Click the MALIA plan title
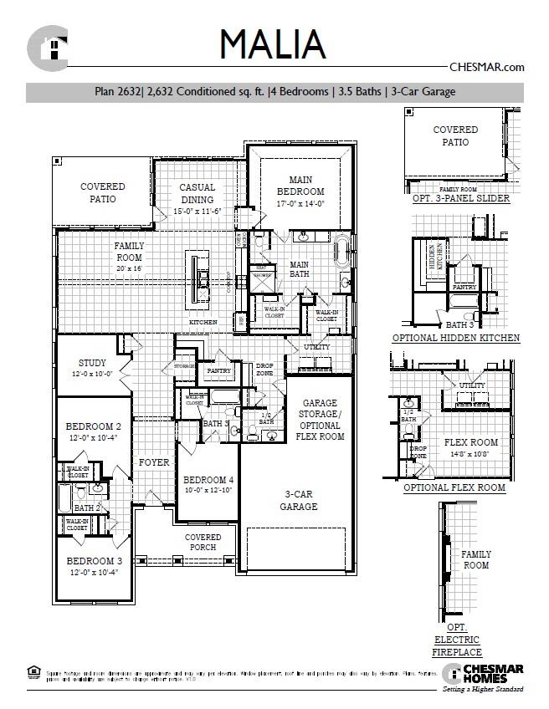[x=273, y=44]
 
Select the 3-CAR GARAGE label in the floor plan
[x=299, y=500]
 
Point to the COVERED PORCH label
[x=203, y=543]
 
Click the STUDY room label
[x=93, y=368]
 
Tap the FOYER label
[x=155, y=462]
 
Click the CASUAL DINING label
[x=198, y=194]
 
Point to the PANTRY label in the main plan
[x=218, y=370]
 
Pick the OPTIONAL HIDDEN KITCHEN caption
[x=456, y=339]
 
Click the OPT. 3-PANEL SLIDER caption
[x=461, y=199]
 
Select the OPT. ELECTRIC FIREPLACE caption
[x=457, y=640]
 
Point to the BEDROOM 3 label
[x=95, y=566]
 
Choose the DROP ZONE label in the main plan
[x=264, y=370]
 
